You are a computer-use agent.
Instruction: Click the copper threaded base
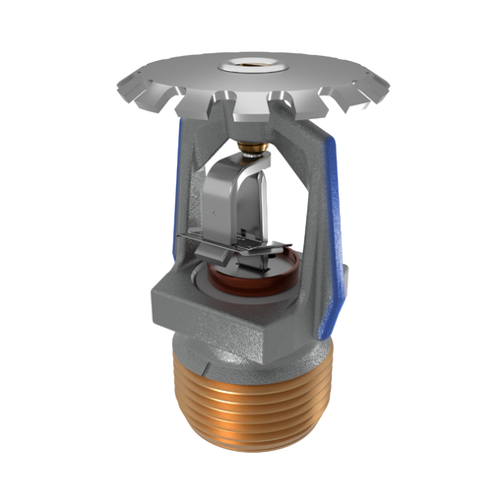pyautogui.click(x=253, y=404)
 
